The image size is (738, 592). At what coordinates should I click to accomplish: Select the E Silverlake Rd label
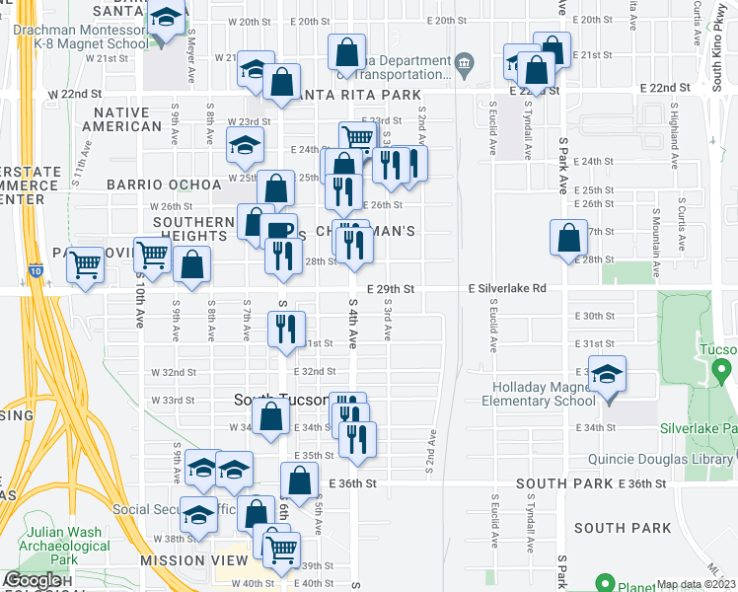click(507, 288)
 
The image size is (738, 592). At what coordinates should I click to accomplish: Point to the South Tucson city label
click(280, 400)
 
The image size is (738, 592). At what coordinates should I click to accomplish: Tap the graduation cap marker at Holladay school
click(607, 375)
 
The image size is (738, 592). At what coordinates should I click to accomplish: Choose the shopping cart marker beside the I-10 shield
click(86, 263)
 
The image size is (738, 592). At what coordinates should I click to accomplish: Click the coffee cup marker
click(279, 232)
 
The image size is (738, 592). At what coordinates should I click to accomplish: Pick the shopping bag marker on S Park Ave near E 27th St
click(568, 239)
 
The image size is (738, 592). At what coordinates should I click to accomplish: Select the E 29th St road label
click(389, 288)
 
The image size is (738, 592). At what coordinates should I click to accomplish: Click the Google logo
click(33, 581)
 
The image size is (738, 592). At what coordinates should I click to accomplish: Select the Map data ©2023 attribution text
click(697, 584)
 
